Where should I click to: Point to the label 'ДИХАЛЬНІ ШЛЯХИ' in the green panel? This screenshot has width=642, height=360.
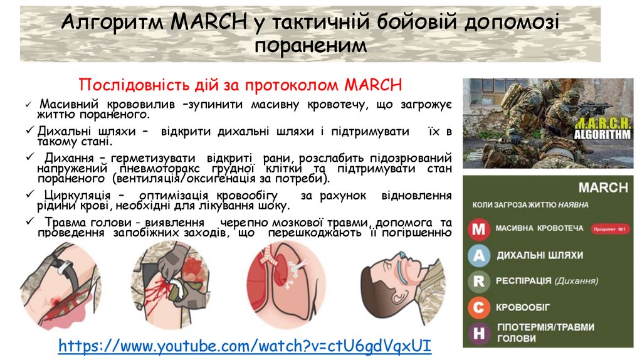click(x=539, y=255)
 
